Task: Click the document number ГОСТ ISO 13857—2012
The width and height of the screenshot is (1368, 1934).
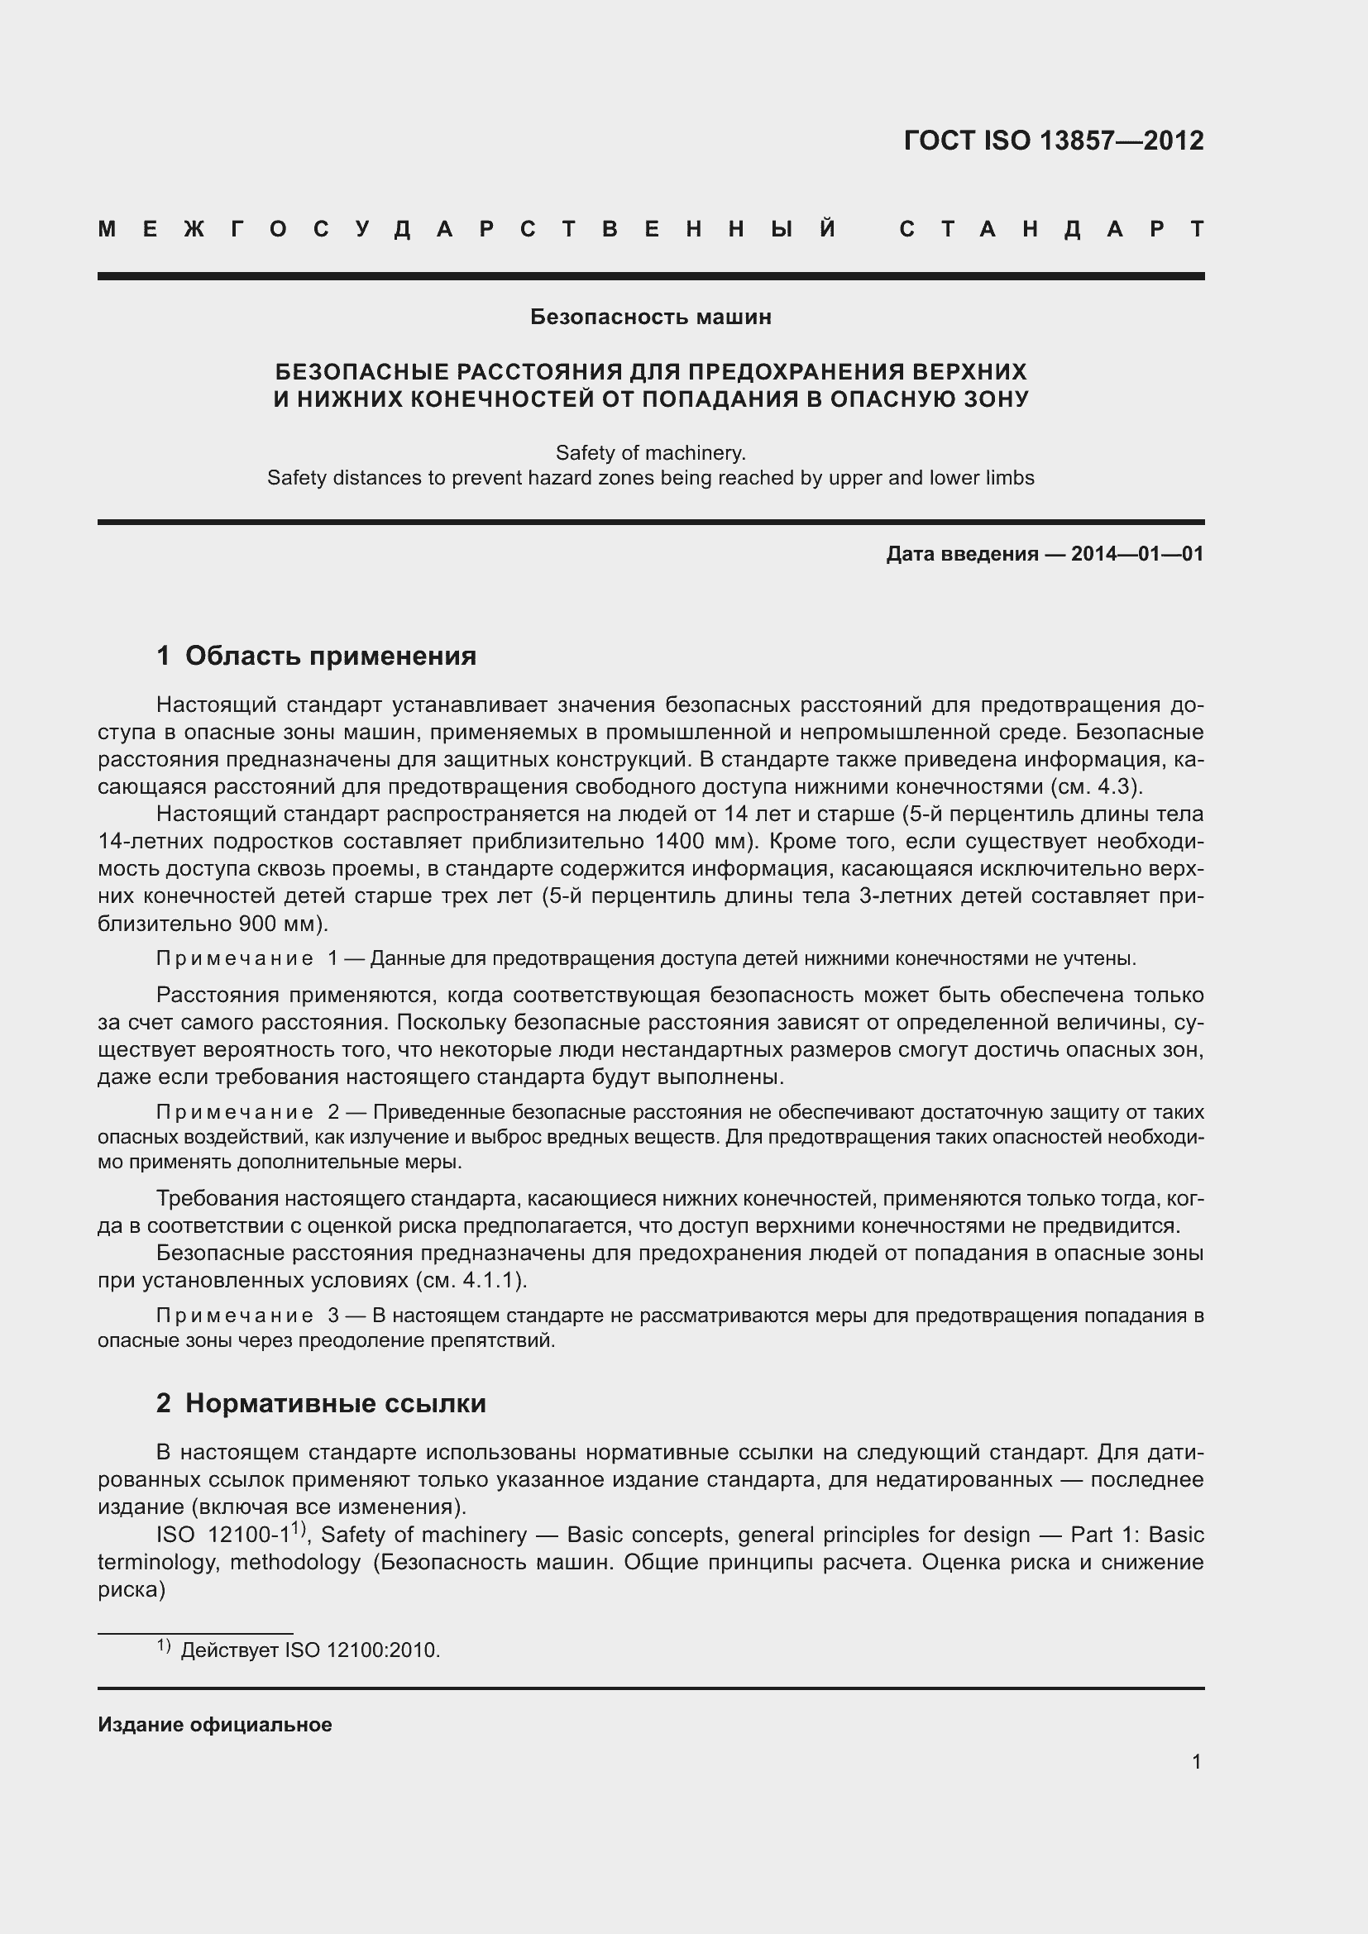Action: click(x=1053, y=141)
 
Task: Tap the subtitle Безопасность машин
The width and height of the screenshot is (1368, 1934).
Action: click(x=650, y=318)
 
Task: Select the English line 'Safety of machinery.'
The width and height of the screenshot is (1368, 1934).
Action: click(x=650, y=453)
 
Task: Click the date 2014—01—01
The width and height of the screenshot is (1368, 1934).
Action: click(x=1137, y=554)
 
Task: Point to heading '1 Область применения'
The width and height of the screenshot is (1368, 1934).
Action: click(x=316, y=656)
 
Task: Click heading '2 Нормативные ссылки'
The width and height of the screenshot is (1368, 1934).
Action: click(x=321, y=1403)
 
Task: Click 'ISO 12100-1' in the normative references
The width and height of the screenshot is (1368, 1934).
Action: click(x=222, y=1535)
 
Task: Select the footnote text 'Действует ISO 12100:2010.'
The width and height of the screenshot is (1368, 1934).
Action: click(x=310, y=1651)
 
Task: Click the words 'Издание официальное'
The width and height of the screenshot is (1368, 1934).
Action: click(x=215, y=1725)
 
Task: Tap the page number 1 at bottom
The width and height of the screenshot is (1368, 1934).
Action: click(x=1196, y=1761)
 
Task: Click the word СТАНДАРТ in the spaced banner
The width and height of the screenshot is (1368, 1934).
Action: click(x=1051, y=229)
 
